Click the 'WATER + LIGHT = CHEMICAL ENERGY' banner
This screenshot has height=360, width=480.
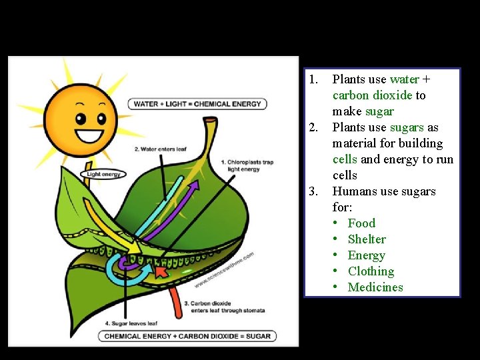tap(197, 104)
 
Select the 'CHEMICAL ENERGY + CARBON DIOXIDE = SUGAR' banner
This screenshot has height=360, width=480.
tap(188, 336)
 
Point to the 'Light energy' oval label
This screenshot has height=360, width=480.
tap(103, 174)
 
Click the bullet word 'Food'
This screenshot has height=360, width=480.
tap(361, 223)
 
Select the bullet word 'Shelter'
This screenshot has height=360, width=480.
tap(367, 239)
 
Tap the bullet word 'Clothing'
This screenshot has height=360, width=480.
tap(371, 271)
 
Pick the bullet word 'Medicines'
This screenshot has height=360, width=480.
tap(375, 287)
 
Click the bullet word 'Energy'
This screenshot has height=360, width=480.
tap(367, 255)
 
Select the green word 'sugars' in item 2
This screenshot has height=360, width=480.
tap(406, 127)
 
